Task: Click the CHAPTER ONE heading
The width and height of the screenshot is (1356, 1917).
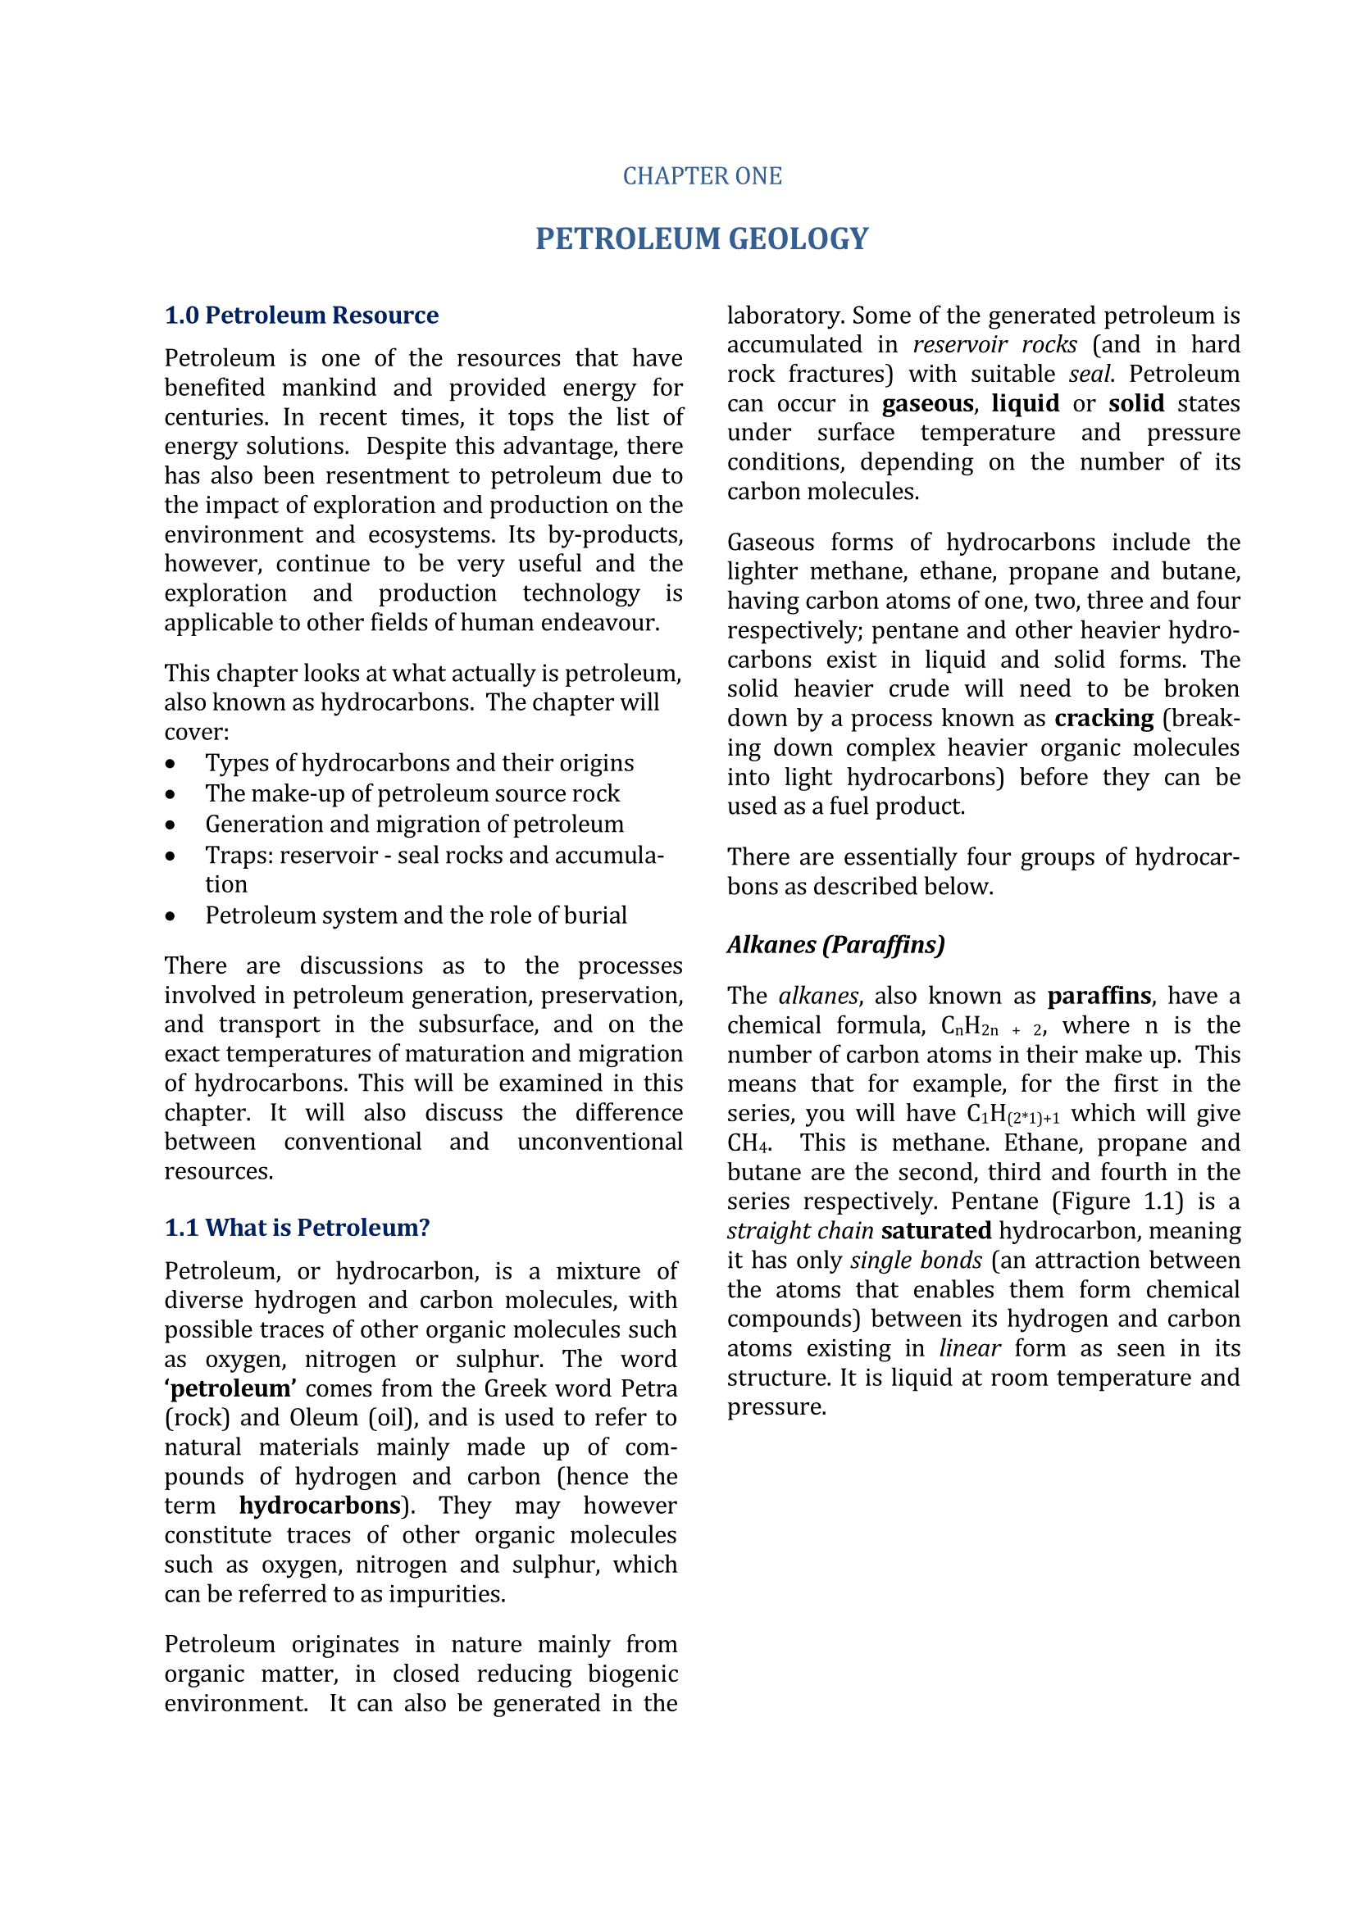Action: tap(703, 176)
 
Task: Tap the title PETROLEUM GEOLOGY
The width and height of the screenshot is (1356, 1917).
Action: tap(703, 238)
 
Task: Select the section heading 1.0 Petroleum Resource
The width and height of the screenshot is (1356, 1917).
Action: tap(302, 316)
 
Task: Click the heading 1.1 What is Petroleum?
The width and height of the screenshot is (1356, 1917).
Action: tap(298, 1228)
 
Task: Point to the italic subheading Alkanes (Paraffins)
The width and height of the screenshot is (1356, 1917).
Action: tap(835, 944)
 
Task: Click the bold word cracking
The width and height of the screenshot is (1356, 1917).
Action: tap(1103, 718)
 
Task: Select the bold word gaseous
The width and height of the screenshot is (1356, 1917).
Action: tap(928, 403)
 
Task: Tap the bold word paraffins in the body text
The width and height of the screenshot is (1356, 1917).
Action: tap(1099, 996)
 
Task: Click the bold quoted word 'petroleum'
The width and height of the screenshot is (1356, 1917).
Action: tap(231, 1388)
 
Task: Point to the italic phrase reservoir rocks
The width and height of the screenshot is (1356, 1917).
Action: tap(994, 345)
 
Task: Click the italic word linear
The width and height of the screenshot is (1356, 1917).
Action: tap(969, 1348)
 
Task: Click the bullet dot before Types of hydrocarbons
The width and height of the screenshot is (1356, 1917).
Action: tap(171, 764)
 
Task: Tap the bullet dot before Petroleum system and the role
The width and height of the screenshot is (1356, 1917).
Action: tap(171, 917)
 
